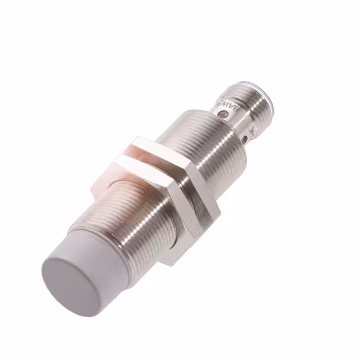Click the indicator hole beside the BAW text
click(226, 115)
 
